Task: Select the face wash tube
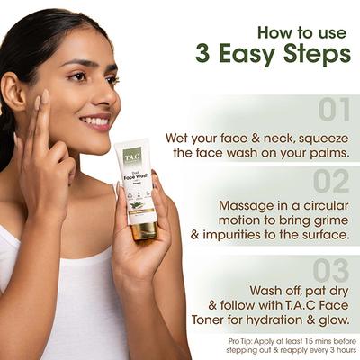pyautogui.click(x=137, y=189)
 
